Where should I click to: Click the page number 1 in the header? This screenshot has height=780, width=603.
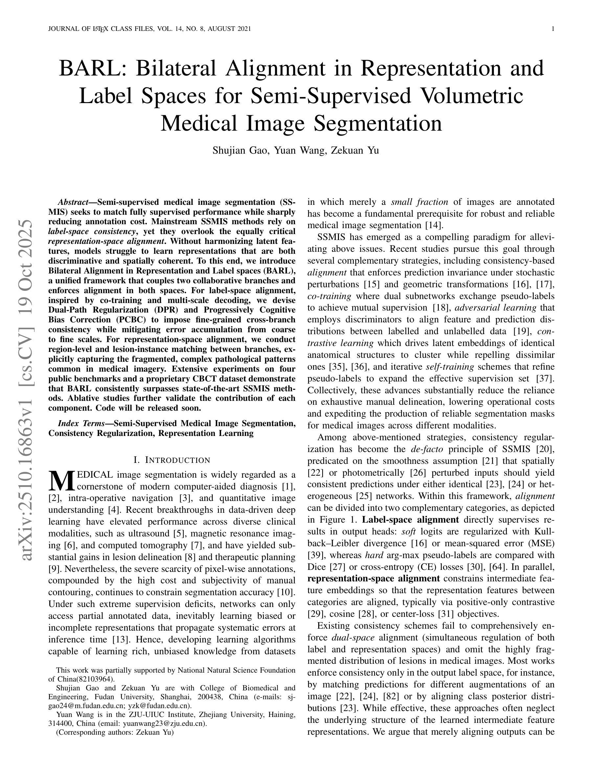(553, 29)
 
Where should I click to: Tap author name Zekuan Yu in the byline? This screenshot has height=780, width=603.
(355, 150)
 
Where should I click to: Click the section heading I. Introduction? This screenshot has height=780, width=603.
(172, 460)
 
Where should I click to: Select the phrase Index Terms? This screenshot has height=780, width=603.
(81, 423)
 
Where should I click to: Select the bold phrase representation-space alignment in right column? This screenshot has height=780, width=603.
(374, 578)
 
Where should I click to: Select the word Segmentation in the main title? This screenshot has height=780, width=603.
(378, 123)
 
